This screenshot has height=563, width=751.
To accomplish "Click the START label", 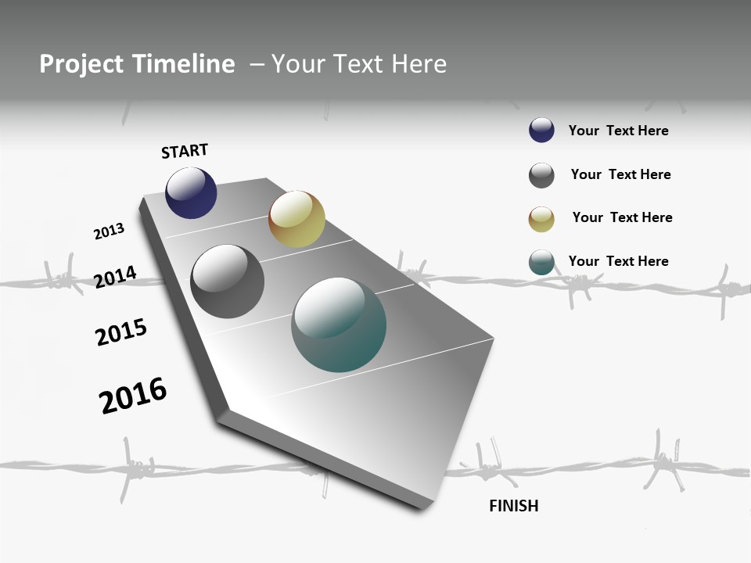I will tap(185, 151).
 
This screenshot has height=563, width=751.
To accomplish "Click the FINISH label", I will tap(513, 506).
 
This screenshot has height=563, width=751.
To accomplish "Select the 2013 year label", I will tap(109, 231).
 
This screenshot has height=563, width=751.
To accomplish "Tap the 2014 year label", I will tap(115, 277).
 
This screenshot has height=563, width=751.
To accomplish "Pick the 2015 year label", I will tap(121, 332).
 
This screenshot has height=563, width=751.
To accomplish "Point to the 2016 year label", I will tap(133, 396).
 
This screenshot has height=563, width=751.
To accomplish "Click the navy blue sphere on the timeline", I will tap(191, 192).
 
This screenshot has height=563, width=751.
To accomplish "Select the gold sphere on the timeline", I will tap(296, 219).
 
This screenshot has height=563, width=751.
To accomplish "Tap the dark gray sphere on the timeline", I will tap(227, 281).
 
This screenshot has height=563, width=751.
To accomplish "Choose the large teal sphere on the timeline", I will tap(339, 325).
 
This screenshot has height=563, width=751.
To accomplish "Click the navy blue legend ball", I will tap(541, 131).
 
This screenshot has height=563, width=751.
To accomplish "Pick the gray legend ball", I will tap(541, 175).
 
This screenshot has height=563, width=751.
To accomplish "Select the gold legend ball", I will tap(541, 219).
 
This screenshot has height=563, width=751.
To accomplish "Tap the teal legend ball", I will tap(541, 262).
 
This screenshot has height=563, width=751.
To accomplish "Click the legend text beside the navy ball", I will tap(618, 131).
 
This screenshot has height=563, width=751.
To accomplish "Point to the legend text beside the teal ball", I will tap(618, 261).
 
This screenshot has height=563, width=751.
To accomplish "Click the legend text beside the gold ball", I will tap(622, 217).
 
